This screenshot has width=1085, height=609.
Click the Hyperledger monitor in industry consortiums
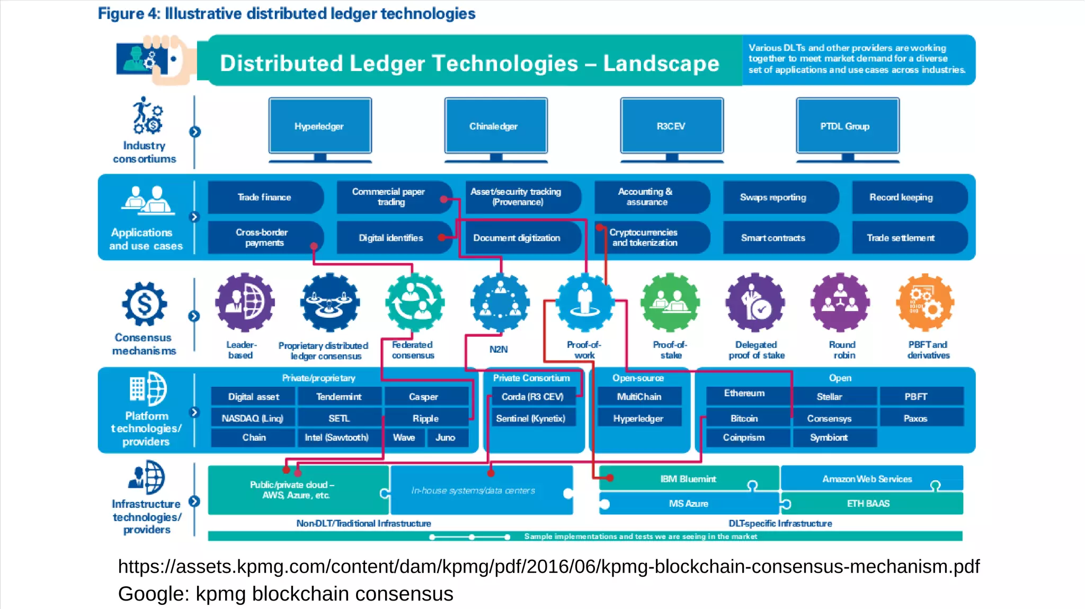[x=319, y=126]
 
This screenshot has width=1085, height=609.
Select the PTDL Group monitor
[x=847, y=126]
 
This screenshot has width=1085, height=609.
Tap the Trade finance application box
[x=264, y=197]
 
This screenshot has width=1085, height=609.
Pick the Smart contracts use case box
[x=773, y=238]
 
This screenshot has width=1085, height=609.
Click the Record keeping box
[x=901, y=197]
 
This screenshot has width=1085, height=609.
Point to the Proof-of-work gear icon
[x=584, y=302]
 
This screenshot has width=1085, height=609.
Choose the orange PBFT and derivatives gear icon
[x=925, y=302]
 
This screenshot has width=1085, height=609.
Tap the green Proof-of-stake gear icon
[x=670, y=302]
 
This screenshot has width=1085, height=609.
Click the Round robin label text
[x=843, y=350]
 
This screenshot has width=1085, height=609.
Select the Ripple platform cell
[x=425, y=418]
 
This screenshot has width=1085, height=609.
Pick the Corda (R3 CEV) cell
[x=532, y=397]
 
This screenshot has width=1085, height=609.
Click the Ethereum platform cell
[x=744, y=393]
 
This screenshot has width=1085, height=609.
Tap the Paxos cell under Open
[x=915, y=418]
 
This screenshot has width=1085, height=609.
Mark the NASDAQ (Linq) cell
[x=253, y=418]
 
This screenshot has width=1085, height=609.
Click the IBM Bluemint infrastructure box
[x=688, y=479]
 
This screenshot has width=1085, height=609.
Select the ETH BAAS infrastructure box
[x=868, y=503]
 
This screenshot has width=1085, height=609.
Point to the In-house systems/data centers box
[x=473, y=490]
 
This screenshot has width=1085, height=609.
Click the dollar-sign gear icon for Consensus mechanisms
[x=144, y=304]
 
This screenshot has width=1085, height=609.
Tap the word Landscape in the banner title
[x=661, y=64]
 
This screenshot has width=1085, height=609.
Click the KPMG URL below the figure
[x=548, y=566]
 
